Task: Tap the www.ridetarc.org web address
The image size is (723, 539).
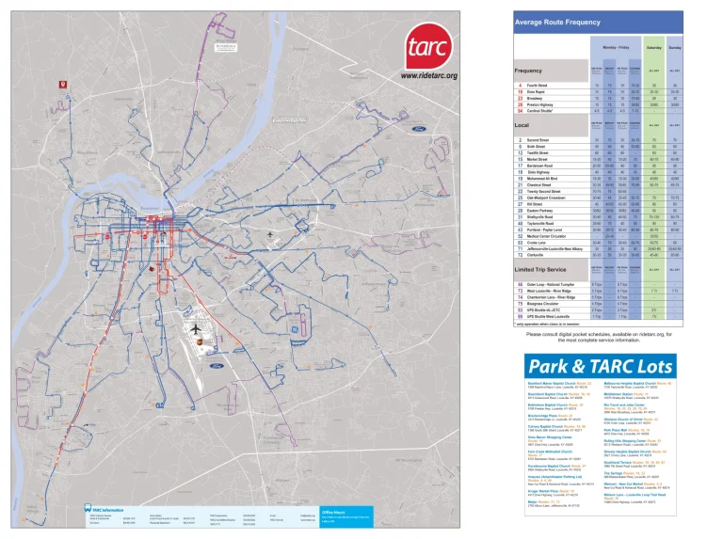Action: (x=428, y=75)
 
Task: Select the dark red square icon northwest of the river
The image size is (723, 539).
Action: (x=63, y=85)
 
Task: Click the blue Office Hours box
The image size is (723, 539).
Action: (x=345, y=517)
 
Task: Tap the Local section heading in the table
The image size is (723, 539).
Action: (x=522, y=124)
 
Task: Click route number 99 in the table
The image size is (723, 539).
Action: (x=520, y=317)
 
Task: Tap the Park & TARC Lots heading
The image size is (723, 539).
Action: (x=602, y=366)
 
